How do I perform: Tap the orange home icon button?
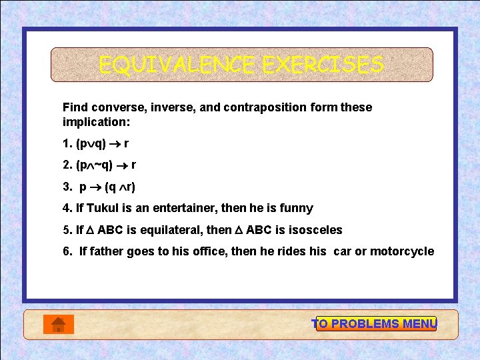pyautogui.click(x=58, y=324)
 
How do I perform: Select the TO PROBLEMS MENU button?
pyautogui.click(x=375, y=324)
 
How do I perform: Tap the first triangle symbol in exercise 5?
pyautogui.click(x=90, y=230)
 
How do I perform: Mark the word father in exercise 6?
pyautogui.click(x=105, y=251)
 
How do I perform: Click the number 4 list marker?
pyautogui.click(x=67, y=209)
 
